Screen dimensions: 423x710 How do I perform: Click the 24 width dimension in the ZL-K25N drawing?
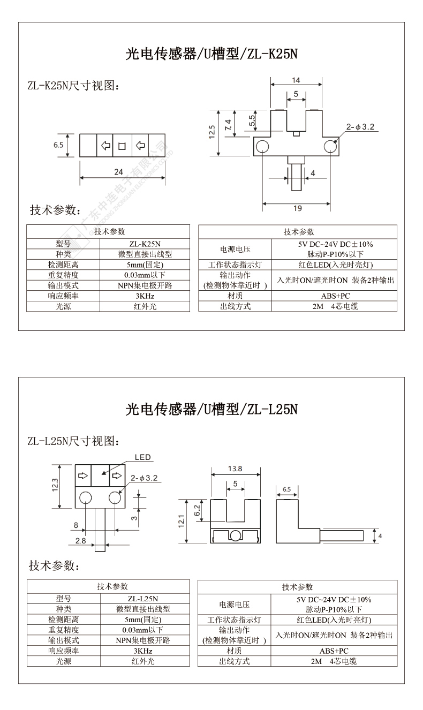118,172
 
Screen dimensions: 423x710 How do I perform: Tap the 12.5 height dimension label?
212,132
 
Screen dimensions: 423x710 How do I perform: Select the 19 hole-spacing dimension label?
298,208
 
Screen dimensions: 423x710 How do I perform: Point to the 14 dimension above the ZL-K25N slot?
296,80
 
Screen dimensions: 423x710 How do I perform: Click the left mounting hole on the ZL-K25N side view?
262,146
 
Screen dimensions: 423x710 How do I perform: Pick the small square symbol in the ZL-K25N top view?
122,146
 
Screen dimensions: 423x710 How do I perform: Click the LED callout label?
142,457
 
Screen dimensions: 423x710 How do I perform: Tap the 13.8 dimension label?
235,469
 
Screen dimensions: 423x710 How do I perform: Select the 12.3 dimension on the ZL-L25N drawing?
55,485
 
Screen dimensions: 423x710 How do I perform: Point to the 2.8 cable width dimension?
80,541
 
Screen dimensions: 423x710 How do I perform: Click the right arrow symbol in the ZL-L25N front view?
117,475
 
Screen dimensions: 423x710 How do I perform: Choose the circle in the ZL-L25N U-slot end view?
235,535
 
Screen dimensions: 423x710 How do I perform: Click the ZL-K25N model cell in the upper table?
145,244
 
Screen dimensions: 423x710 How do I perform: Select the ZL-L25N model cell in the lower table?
143,599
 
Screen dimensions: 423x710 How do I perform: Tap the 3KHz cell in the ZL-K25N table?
145,296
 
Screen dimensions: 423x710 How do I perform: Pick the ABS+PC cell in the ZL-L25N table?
334,651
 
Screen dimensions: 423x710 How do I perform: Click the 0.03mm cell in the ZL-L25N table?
143,630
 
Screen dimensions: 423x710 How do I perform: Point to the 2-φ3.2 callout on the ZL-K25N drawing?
360,127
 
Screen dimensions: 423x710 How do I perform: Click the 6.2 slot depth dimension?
197,510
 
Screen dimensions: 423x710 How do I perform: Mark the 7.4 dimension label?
228,124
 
